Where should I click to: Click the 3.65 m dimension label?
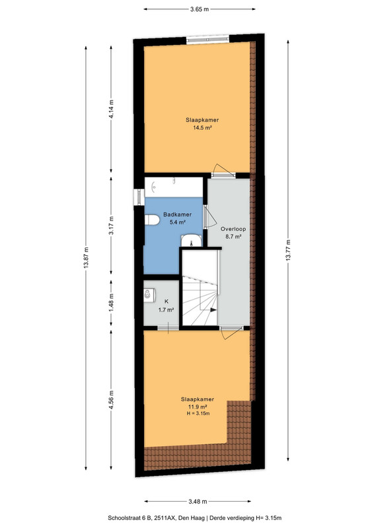[200, 9]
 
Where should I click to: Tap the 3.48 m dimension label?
[198, 502]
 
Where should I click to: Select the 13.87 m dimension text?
[86, 257]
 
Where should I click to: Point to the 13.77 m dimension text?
[288, 250]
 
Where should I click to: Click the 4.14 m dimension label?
[111, 108]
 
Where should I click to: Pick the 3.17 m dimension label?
[111, 225]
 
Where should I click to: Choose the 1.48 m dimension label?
[111, 302]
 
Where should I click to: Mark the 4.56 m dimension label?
[111, 400]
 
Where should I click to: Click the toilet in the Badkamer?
[152, 220]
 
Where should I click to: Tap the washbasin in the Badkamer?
[191, 241]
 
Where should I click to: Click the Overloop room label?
[233, 229]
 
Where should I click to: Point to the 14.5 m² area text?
[202, 127]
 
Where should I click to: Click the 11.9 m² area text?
[198, 407]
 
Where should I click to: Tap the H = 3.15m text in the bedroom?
[198, 414]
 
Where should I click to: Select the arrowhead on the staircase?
[213, 310]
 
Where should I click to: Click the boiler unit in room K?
[149, 294]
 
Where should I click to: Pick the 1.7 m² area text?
[167, 310]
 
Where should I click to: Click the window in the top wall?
[208, 39]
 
